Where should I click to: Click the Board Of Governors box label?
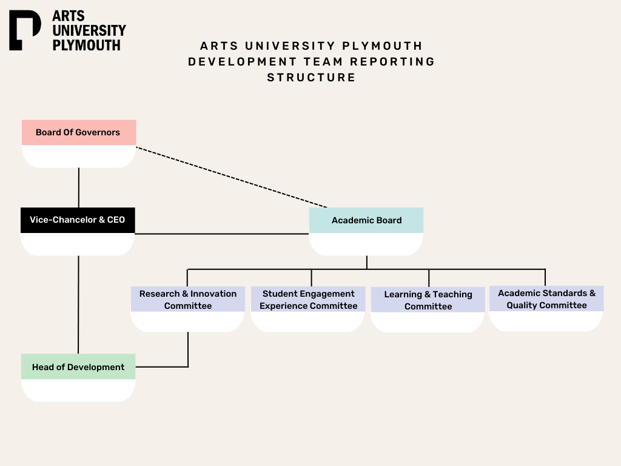(78, 132)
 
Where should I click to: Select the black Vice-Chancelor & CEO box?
(78, 220)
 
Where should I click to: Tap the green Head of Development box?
(78, 367)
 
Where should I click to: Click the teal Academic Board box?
(366, 220)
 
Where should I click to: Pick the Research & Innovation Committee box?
(188, 300)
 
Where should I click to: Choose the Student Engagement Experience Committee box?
(308, 300)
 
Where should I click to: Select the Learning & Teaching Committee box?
(428, 300)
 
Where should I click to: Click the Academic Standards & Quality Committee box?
(546, 299)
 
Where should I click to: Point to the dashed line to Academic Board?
(230, 177)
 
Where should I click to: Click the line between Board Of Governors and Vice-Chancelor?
(79, 187)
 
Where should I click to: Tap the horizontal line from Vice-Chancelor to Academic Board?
(221, 234)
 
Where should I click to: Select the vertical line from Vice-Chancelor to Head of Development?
(79, 303)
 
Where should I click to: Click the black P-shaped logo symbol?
(24, 30)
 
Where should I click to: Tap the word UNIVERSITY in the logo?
(89, 30)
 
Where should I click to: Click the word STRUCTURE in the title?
(311, 78)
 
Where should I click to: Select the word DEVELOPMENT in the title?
(243, 62)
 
